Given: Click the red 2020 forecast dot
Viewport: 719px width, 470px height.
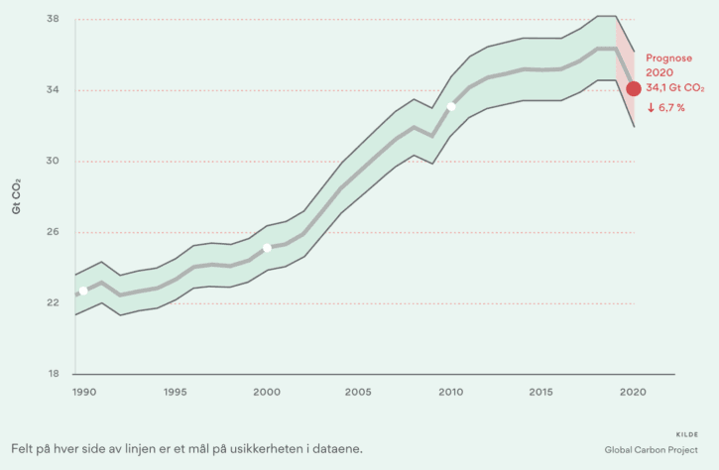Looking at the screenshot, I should click(634, 89).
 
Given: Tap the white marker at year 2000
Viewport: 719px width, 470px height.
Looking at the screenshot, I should click(267, 248).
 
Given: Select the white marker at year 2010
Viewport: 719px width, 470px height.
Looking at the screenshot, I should click(451, 106).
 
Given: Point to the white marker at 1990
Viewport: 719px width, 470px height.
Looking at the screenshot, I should click(83, 291).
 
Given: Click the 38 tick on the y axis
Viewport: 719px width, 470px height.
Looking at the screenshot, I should click(53, 20).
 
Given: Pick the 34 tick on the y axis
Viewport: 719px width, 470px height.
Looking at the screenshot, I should click(53, 90).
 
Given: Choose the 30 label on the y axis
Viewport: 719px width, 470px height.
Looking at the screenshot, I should click(53, 162).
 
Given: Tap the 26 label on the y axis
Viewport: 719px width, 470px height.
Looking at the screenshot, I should click(53, 232).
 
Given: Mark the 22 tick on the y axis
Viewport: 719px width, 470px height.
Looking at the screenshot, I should click(53, 303).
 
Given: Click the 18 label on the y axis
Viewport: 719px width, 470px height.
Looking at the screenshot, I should click(53, 374).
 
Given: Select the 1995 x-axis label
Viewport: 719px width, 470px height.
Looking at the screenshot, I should click(175, 393).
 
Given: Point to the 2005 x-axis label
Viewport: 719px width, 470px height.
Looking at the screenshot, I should click(358, 393).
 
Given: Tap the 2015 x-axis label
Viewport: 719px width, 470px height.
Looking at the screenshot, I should click(540, 393).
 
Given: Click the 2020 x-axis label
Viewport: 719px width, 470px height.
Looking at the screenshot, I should click(633, 393).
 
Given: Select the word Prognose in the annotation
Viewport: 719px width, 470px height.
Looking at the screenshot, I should click(668, 59).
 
